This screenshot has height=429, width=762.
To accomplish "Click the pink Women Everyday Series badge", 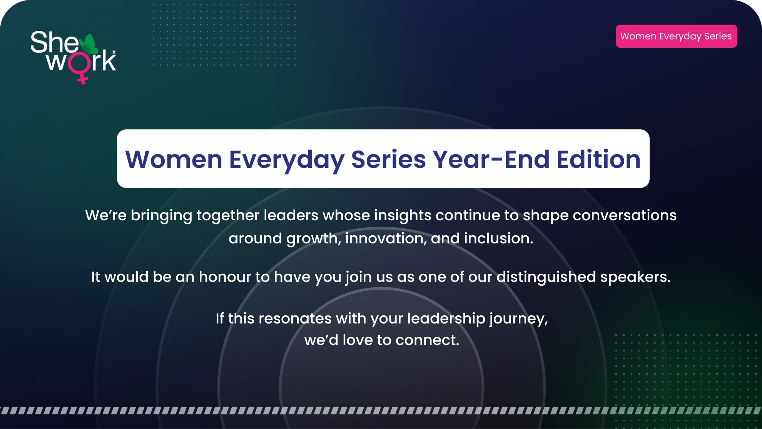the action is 676,36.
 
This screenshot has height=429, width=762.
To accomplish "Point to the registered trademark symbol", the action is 114,52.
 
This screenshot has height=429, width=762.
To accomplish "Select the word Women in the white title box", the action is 174,159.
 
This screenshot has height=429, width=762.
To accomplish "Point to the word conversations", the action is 625,215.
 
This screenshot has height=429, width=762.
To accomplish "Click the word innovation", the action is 386,239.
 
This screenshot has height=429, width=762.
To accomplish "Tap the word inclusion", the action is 498,238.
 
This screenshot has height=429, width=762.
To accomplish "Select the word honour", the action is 225,277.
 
